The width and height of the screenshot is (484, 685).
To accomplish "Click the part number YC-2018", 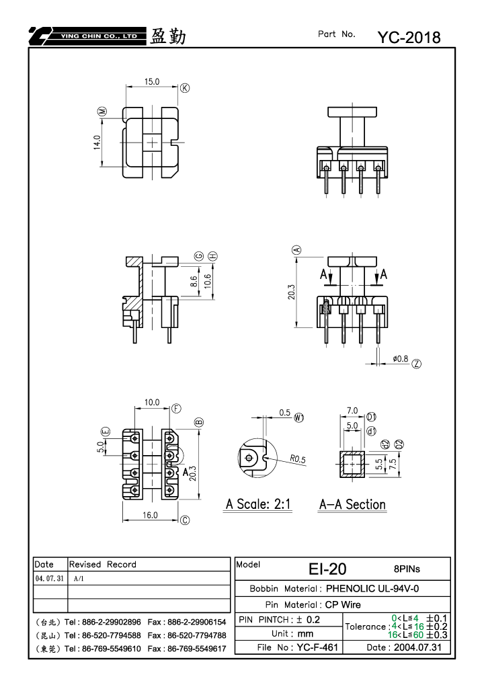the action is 409,38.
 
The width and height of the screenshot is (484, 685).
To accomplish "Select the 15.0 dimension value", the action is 152,82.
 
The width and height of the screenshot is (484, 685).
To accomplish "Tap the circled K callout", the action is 186,88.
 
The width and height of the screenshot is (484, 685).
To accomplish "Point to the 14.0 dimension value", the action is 97,143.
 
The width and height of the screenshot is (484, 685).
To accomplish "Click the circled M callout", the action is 102,112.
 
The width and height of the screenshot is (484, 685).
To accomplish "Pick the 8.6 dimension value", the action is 195,282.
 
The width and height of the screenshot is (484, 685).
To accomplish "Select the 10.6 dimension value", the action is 208,280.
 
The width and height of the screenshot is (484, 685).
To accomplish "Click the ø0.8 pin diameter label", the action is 400,359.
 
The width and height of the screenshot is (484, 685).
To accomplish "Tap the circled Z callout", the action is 417,364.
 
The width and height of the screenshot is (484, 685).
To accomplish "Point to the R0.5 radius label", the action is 298,458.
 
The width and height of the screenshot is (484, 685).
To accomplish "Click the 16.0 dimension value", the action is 150,515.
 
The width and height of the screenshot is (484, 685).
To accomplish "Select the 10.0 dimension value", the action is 152,403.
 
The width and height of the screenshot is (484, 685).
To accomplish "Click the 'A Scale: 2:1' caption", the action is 258,504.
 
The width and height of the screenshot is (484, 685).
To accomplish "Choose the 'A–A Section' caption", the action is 352,505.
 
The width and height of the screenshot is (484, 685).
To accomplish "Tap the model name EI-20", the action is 327,569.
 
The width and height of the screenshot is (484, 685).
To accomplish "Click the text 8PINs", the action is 407,569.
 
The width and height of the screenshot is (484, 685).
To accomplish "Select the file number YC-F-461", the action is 317,647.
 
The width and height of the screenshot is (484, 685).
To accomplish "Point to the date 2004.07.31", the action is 417,647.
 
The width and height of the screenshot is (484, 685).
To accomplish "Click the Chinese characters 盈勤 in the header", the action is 168,36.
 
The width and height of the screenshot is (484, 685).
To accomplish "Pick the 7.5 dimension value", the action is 393,464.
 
